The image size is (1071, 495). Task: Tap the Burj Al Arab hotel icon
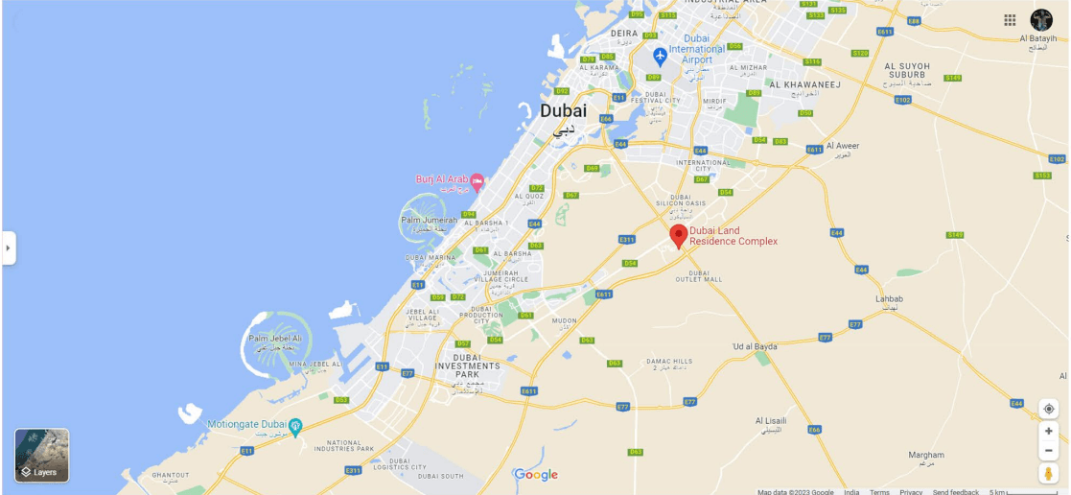(477, 182)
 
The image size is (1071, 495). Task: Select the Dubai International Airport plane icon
(660, 56)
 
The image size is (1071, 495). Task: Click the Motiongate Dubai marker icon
(295, 425)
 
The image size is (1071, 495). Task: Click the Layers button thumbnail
(41, 455)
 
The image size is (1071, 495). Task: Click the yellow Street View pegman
(1048, 473)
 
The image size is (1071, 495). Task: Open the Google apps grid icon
(1010, 20)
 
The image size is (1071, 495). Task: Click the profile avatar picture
(1041, 20)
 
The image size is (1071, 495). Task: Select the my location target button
(1049, 410)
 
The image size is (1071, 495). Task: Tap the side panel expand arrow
(8, 247)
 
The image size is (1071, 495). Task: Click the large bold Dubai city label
(564, 111)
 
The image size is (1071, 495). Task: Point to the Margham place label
(926, 455)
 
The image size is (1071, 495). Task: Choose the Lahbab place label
(889, 298)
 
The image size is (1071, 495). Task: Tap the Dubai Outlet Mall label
(699, 276)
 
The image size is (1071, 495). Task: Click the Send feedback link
(956, 492)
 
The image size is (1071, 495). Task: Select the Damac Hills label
(669, 362)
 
